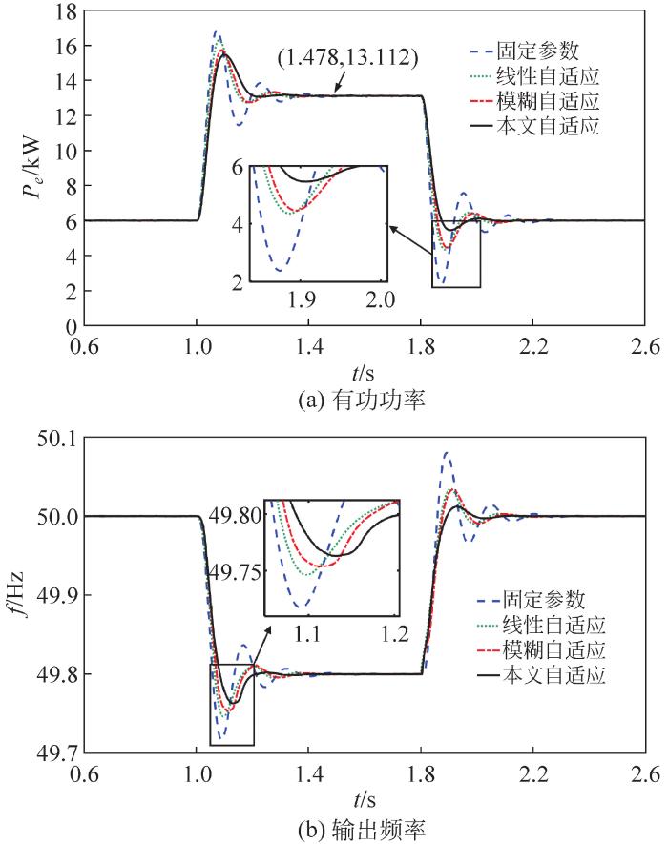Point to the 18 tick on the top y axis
pyautogui.click(x=64, y=10)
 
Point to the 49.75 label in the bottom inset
pyautogui.click(x=235, y=572)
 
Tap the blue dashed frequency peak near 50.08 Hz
pyautogui.click(x=446, y=453)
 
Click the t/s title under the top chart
pyautogui.click(x=365, y=370)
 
